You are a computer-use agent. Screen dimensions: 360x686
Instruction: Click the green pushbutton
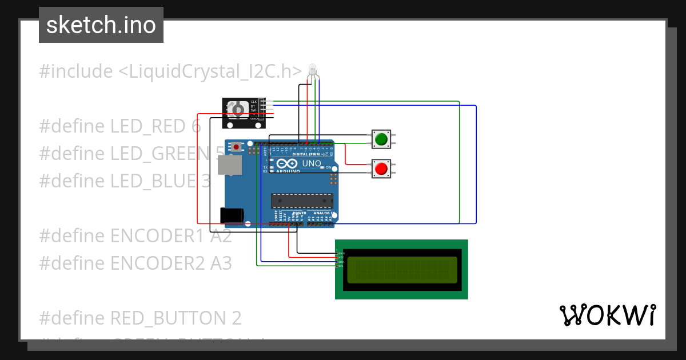[x=381, y=139]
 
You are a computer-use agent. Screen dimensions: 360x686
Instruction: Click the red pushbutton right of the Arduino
[x=381, y=168]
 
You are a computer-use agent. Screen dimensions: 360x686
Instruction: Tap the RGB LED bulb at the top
[x=312, y=70]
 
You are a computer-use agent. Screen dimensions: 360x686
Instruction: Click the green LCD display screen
[x=402, y=270]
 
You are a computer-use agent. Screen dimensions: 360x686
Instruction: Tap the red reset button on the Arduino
[x=236, y=147]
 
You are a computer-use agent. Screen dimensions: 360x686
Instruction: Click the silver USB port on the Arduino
[x=230, y=166]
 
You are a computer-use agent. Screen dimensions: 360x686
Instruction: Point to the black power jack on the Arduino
[x=232, y=215]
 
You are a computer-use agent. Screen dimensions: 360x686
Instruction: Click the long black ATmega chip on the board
[x=302, y=201]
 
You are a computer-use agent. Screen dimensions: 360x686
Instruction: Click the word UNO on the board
[x=311, y=163]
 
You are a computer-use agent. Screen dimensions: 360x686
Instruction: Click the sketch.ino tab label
[x=101, y=25]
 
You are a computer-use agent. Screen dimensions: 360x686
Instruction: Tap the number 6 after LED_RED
[x=196, y=126]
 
